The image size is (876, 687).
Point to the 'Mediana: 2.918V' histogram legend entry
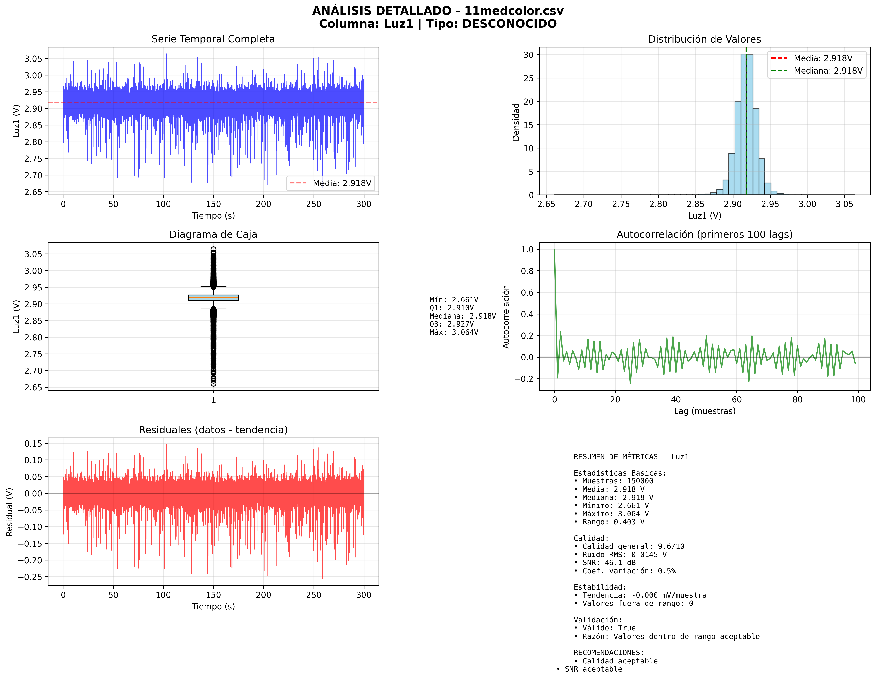[828, 71]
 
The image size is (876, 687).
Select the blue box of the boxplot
[213, 298]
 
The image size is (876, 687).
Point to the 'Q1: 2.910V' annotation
[451, 308]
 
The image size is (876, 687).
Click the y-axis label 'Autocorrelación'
[506, 317]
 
